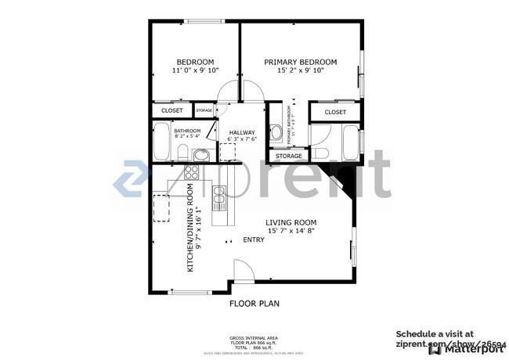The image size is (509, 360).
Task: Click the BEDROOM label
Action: tap(195, 62)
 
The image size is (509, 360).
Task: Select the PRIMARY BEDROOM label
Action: tap(300, 62)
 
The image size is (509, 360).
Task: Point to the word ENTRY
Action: tap(254, 239)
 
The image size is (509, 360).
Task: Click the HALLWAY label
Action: tap(242, 132)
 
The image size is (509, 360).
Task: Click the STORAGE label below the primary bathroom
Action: tap(288, 156)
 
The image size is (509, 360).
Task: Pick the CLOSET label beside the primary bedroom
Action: tap(335, 112)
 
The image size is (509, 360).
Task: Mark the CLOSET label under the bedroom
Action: tap(171, 111)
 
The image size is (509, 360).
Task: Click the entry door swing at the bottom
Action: tap(244, 272)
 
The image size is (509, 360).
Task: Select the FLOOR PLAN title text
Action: tap(254, 303)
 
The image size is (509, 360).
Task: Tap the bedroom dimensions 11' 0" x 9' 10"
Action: tap(195, 70)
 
